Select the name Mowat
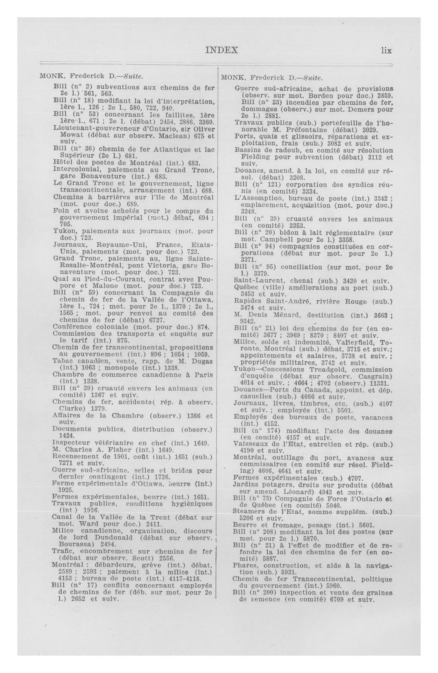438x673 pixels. pos(71,135)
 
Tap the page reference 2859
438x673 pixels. pos(385,96)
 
